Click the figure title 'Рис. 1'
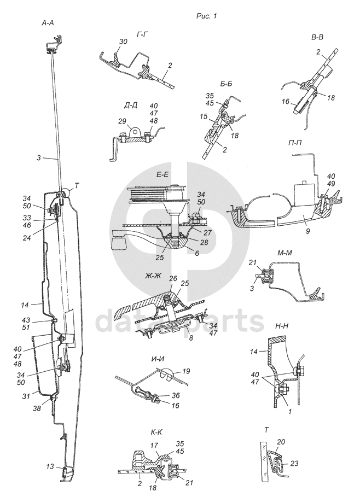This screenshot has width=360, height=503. pyautogui.click(x=207, y=15)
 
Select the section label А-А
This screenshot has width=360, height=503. pyautogui.click(x=48, y=24)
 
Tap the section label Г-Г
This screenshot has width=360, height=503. pyautogui.click(x=142, y=34)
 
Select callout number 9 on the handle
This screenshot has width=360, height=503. pyautogui.click(x=307, y=231)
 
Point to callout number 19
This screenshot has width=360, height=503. pyautogui.click(x=187, y=372)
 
